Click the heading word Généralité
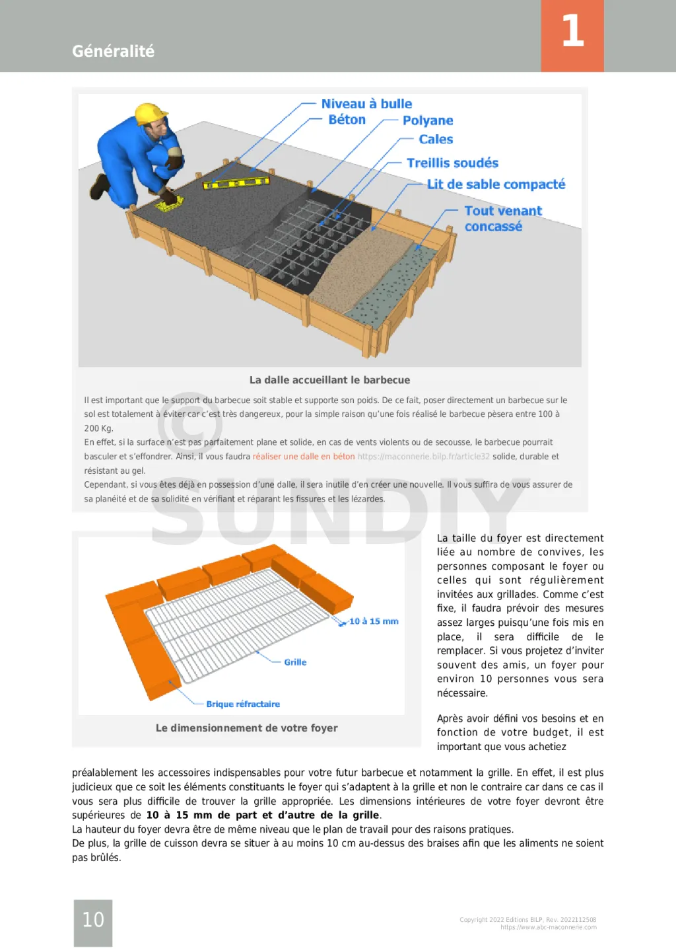(x=113, y=51)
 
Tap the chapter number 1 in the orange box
(x=572, y=31)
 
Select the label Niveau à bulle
(x=366, y=104)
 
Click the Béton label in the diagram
(x=347, y=120)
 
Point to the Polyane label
(x=428, y=120)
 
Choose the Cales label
(x=436, y=139)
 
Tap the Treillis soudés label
(x=452, y=163)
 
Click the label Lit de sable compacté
(x=496, y=184)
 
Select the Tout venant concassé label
(x=502, y=219)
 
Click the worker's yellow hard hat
(x=151, y=114)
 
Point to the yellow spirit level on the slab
(x=236, y=182)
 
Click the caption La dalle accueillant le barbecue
(x=329, y=380)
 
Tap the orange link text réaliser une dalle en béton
(x=304, y=457)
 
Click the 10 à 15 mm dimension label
(x=374, y=621)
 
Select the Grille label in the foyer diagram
(x=295, y=662)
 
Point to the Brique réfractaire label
(x=243, y=704)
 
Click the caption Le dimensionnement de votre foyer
(x=246, y=728)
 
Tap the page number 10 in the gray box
(x=93, y=920)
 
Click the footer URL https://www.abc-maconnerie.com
(x=548, y=927)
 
